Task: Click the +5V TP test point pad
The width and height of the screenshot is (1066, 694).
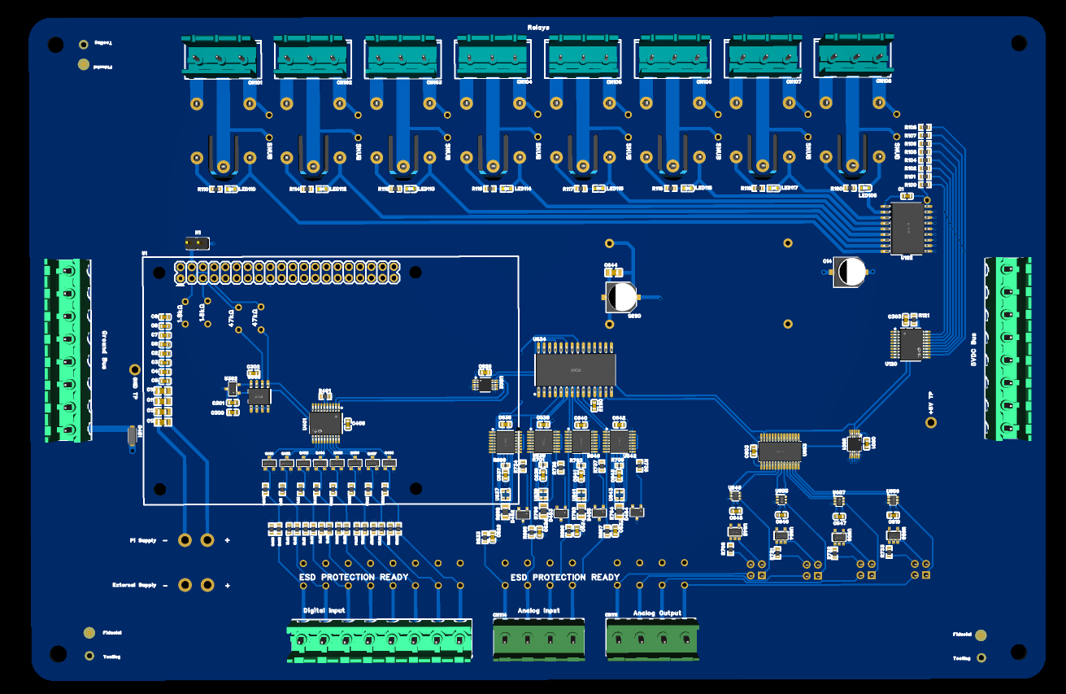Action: pyautogui.click(x=931, y=422)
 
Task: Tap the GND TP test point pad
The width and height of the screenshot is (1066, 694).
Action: pyautogui.click(x=135, y=369)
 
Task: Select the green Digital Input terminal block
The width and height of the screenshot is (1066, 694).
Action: pyautogui.click(x=380, y=640)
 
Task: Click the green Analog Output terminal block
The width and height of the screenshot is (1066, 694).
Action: pyautogui.click(x=651, y=637)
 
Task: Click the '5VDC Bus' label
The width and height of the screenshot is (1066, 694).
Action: pyautogui.click(x=972, y=351)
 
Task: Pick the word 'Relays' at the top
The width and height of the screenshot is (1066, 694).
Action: pyautogui.click(x=537, y=27)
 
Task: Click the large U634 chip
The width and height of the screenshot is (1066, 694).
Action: pyautogui.click(x=574, y=369)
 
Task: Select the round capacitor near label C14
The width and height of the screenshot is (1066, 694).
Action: pyautogui.click(x=851, y=273)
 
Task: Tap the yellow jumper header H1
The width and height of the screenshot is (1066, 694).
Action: pyautogui.click(x=195, y=242)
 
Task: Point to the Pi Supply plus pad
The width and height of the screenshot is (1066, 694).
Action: pyautogui.click(x=207, y=539)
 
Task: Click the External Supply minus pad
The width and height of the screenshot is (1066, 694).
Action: pyautogui.click(x=185, y=584)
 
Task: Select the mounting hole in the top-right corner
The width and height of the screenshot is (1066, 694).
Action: pyautogui.click(x=1017, y=42)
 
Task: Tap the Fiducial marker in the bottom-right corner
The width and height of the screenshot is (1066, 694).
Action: pyautogui.click(x=981, y=635)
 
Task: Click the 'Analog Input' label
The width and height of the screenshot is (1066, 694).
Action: pyautogui.click(x=539, y=611)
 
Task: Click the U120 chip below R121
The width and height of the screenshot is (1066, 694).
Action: pyautogui.click(x=910, y=343)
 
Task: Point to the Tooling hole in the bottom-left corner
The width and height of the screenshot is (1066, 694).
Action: pyautogui.click(x=89, y=655)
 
